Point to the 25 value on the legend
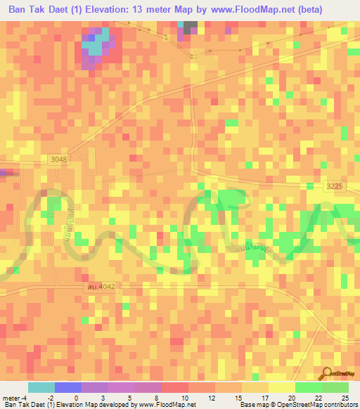tap(344, 397)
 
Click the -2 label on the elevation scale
tap(50, 397)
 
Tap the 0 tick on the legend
tap(76, 397)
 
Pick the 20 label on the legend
tap(291, 397)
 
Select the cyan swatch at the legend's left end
tap(41, 387)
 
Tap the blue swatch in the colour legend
tap(67, 387)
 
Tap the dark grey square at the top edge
tap(191, 27)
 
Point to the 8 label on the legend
tap(157, 397)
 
